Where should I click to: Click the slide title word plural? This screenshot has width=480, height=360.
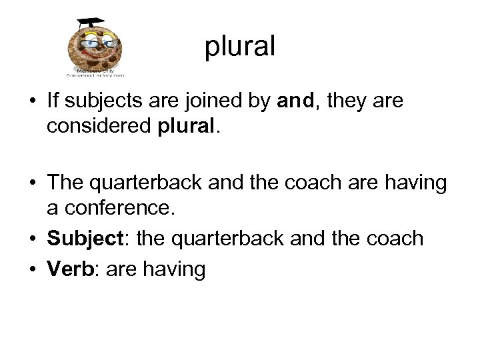point(240,47)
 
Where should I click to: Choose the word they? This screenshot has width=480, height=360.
point(348,101)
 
